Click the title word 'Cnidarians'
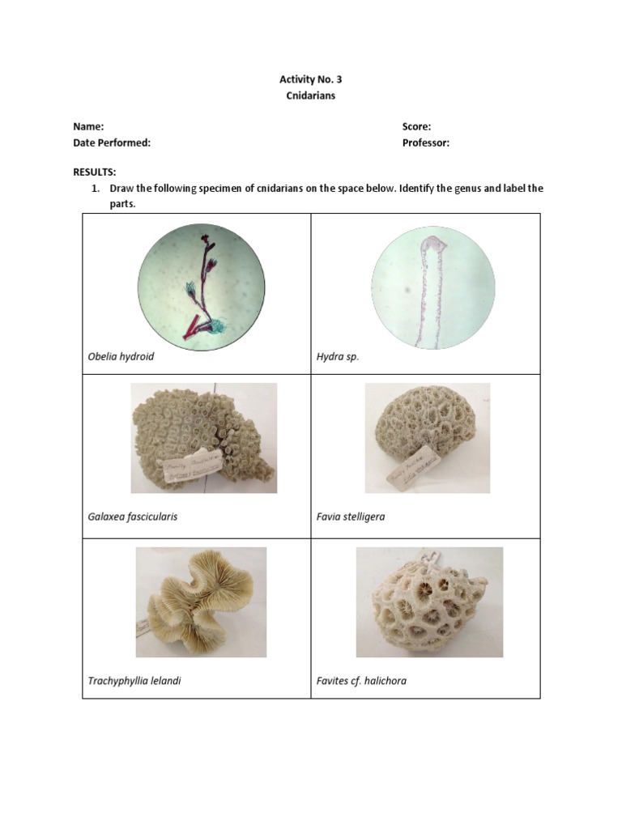coord(310,96)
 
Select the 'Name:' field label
coord(88,126)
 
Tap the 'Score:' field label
coord(416,126)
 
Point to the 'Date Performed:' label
coord(112,142)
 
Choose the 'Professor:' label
coord(425,142)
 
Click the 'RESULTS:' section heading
coord(95,172)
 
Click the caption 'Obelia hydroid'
coord(121,356)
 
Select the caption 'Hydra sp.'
coord(338,356)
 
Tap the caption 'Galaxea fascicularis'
coord(132,517)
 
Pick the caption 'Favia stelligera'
coord(351,517)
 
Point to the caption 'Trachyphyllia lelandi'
coord(134,681)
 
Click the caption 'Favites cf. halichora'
coord(361,681)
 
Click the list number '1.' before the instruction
coord(95,189)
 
